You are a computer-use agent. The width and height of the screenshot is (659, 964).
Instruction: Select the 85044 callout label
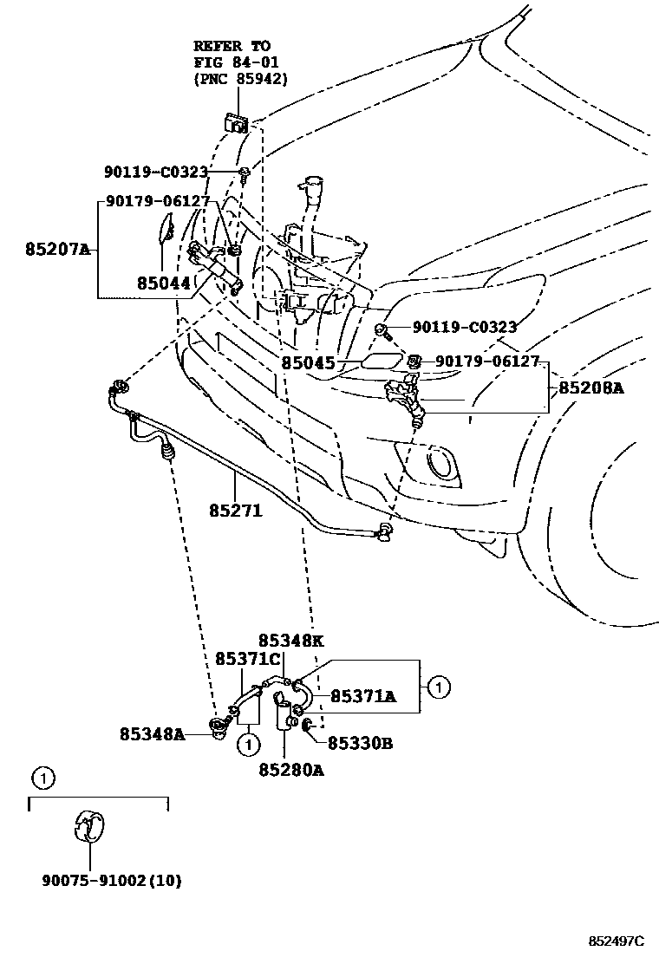(162, 283)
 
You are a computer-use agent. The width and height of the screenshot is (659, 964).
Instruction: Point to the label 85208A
(590, 388)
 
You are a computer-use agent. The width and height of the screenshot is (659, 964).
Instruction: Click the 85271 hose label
(235, 511)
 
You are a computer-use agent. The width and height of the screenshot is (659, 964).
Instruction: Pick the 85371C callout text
(248, 661)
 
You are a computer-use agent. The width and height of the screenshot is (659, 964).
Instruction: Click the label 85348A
(153, 734)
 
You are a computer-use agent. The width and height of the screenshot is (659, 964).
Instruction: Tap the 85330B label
(360, 743)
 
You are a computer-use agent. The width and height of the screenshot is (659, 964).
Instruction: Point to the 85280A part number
(290, 770)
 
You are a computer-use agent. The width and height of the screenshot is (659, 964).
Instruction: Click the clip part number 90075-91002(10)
(111, 881)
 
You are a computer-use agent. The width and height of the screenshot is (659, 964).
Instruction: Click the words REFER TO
(232, 45)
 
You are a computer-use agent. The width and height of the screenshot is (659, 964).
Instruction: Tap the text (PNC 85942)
(240, 79)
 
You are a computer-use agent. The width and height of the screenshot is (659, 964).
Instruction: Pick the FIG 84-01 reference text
(232, 62)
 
